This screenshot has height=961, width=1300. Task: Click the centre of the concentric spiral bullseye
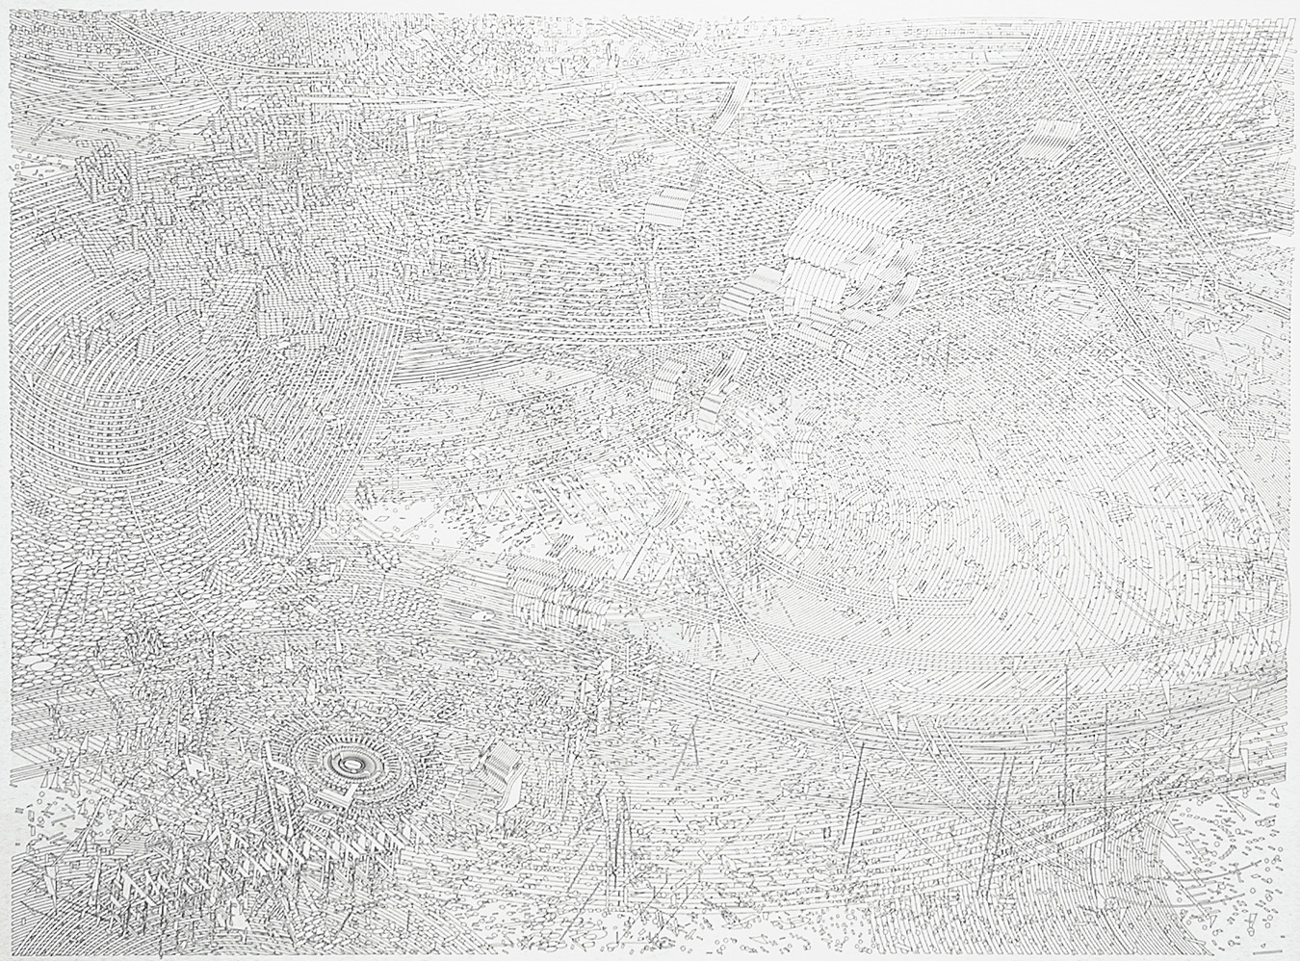point(351,765)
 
